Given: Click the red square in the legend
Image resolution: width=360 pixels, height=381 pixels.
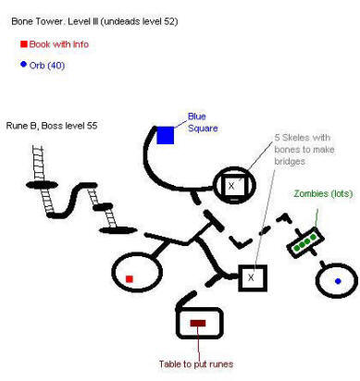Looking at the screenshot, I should (x=23, y=43).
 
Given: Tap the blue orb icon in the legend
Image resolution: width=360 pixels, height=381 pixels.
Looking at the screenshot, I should (x=23, y=64).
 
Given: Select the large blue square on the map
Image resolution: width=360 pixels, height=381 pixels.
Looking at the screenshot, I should (x=166, y=135).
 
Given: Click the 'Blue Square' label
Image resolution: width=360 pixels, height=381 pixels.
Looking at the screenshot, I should (x=203, y=123).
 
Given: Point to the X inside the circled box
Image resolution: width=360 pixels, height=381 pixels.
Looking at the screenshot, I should (x=231, y=186).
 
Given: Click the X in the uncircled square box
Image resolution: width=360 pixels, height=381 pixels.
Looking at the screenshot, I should (x=252, y=277).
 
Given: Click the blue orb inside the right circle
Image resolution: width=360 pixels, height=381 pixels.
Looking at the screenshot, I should (x=338, y=280).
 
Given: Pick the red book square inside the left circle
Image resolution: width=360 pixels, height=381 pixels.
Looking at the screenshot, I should (x=130, y=277).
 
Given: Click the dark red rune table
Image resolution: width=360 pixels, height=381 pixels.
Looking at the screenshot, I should (x=197, y=323).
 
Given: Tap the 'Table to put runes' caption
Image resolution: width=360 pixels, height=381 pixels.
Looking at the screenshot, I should (x=197, y=363).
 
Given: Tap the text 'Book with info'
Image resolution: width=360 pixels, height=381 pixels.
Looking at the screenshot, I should (x=60, y=43).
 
